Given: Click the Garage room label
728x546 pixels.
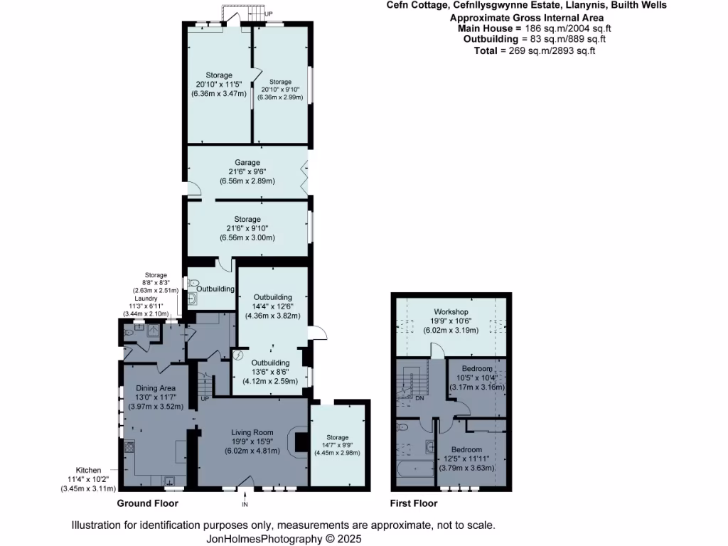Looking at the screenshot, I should coord(244,163).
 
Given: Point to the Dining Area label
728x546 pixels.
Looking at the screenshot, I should coord(156,387).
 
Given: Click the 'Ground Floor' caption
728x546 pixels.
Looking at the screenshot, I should coord(147,503).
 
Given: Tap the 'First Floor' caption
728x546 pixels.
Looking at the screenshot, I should coord(414,503).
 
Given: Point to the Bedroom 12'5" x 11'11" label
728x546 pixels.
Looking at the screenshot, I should coord(466,450).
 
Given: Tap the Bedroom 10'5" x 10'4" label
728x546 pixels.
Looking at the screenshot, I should coord(476,369).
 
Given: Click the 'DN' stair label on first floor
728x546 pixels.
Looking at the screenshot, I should coord(419,398).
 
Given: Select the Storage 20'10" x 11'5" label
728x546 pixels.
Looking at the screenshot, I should coord(219,75).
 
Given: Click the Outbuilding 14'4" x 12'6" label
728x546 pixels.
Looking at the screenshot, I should coord(273,296).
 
